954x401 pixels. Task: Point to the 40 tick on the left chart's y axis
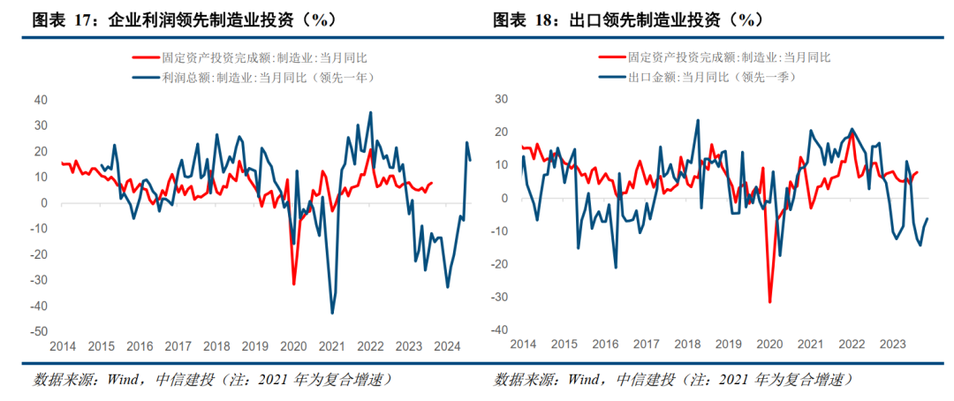41,100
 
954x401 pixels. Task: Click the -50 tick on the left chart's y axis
38,331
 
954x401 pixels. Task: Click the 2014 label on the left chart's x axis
63,345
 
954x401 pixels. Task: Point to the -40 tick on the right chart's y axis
501,329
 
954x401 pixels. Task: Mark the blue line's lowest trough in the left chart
332,313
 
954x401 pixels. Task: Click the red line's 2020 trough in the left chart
294,284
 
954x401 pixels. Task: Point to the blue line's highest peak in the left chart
370,112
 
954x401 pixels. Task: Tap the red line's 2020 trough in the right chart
769,302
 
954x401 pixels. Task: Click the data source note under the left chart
212,380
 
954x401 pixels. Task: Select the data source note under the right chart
672,380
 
